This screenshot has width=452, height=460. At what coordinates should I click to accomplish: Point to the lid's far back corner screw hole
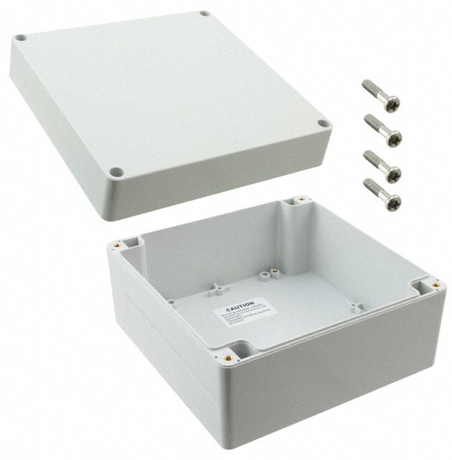[204, 14]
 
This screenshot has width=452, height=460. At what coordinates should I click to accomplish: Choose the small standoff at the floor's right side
[354, 307]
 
